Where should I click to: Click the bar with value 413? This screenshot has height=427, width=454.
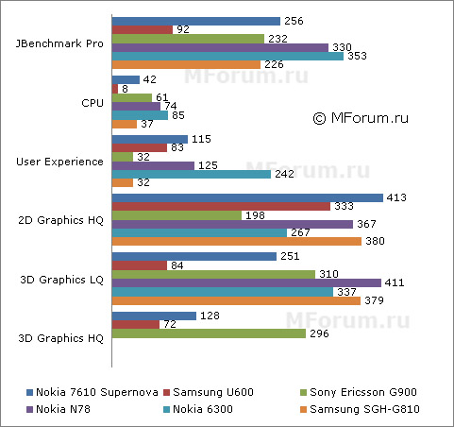coord(247,197)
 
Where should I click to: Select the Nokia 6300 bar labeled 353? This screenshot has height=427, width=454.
coord(227,56)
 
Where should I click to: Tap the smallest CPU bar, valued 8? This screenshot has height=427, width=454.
coord(115,89)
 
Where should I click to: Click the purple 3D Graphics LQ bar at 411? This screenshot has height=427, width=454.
coord(246,282)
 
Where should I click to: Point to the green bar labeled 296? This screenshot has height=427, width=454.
coord(209,333)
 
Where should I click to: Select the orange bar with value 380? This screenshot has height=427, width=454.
coord(237,241)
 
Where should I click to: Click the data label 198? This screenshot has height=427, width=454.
coord(256,215)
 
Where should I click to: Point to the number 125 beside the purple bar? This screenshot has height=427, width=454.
coord(210,165)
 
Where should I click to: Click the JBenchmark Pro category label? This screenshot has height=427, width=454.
coord(60,43)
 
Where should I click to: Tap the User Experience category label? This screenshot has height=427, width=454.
coord(60,162)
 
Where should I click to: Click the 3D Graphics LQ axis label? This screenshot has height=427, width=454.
coord(64,280)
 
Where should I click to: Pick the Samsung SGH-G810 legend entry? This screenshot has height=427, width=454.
coord(368,409)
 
